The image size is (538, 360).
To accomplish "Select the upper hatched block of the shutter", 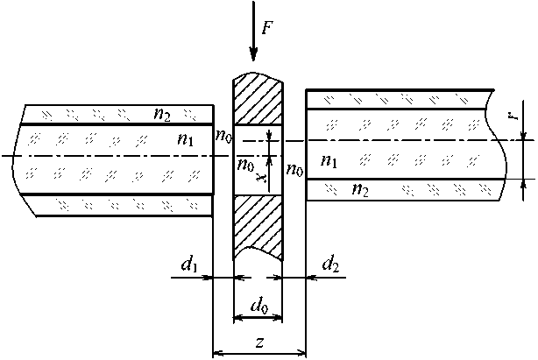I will coord(258,102).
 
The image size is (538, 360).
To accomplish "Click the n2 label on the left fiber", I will coord(161,114).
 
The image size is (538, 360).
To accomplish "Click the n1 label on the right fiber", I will coord(329,160).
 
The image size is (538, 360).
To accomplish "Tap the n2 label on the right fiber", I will coord(359,188).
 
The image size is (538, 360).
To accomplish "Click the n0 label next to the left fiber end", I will coord(224,135).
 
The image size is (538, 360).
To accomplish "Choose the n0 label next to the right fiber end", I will coord(294,170).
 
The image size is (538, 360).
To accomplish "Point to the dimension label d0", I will coord(258,307).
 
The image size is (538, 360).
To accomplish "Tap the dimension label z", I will coord(259,342).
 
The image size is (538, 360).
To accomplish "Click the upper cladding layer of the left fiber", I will coord(88,114).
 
